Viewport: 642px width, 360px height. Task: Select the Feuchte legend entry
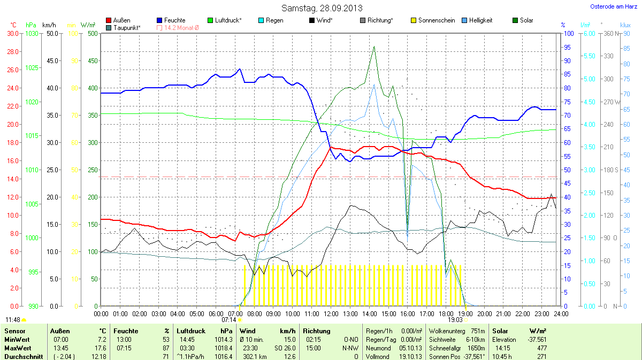coord(174,20)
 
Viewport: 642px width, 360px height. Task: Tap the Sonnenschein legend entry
coord(433,20)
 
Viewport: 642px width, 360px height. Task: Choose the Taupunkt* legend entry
coord(126,27)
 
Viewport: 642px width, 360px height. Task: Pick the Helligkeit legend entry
coord(477,20)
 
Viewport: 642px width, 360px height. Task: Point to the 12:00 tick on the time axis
coord(331,313)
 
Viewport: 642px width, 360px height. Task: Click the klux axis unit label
coord(625,25)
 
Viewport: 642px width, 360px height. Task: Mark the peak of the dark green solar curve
coord(374,47)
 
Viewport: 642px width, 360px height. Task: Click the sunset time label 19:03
coord(455,319)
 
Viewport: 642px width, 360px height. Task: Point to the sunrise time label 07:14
coord(228,319)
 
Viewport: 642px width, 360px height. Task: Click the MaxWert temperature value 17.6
coord(101,348)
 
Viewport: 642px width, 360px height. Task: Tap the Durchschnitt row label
coord(22,356)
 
